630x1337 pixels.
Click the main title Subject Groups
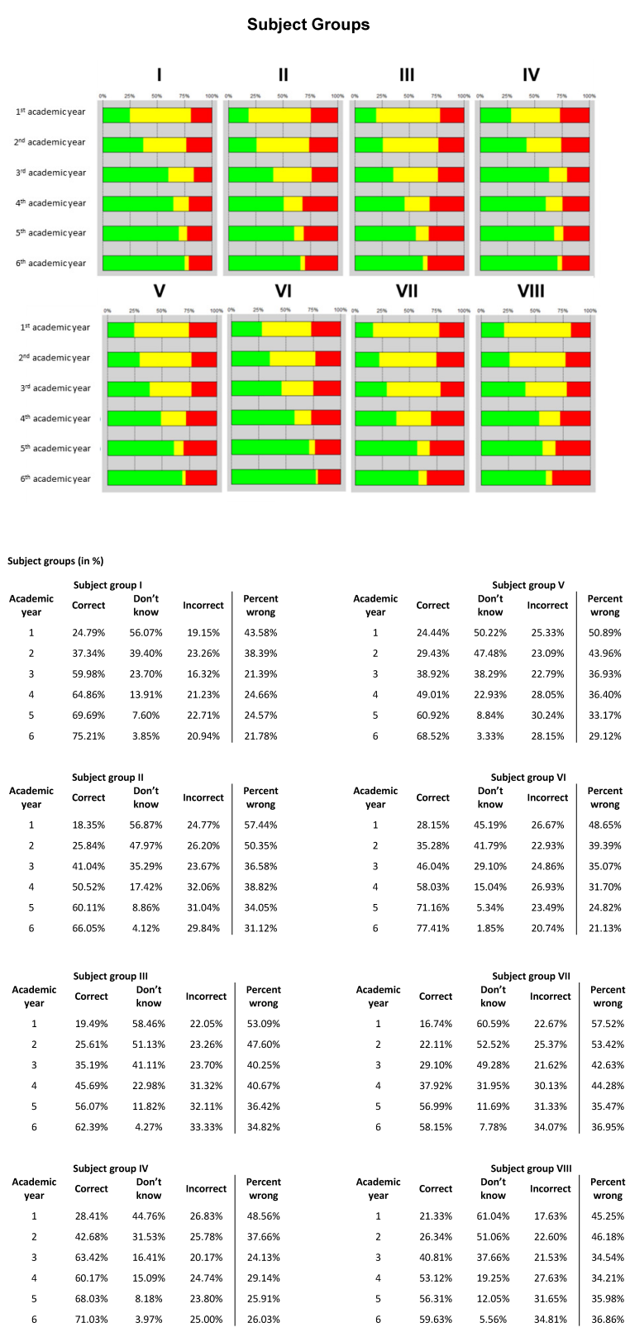pos(308,25)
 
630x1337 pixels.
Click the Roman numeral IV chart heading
pos(531,74)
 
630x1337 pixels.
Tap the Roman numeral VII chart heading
pos(407,291)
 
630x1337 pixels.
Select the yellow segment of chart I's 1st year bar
pos(160,115)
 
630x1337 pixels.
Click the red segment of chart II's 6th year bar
pos(322,264)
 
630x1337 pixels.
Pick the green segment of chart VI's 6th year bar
pos(274,476)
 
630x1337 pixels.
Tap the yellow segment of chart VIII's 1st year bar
pos(537,330)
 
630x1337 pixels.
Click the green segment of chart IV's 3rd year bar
pos(515,174)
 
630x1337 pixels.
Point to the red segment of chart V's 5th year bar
pos(200,448)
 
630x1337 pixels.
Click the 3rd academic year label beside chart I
pos(50,173)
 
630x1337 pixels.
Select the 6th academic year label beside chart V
pos(55,478)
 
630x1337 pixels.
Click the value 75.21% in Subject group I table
pos(88,736)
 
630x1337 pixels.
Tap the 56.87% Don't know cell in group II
pos(146,825)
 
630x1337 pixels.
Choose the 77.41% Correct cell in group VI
pos(433,928)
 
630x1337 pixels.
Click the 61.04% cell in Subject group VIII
pos(494,1216)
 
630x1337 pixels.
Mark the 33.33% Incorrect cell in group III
pos(206,1127)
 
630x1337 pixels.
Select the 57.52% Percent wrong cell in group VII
pos(608,1024)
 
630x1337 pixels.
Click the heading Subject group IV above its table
pos(111,1168)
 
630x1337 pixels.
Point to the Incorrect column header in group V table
pos(547,605)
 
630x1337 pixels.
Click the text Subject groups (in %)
pos(55,561)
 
